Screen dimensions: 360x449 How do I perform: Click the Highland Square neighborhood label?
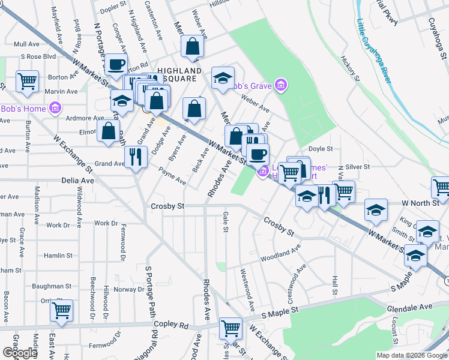point(178,74)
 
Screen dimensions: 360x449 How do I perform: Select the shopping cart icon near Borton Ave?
point(27,81)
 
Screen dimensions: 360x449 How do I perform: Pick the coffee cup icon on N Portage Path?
point(116,64)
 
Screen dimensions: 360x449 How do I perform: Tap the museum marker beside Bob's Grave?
point(280,86)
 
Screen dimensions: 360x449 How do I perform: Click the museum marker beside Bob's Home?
point(55,109)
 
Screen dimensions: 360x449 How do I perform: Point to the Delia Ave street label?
point(78,180)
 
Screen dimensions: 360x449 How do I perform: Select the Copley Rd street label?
point(171,325)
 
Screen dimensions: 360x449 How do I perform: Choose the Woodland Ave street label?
point(280,253)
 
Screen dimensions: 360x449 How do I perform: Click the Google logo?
point(20,353)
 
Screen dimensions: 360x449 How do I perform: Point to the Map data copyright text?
point(411,355)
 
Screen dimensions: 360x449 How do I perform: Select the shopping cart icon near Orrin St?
point(61,310)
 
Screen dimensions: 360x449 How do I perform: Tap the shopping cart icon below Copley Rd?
point(231,328)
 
